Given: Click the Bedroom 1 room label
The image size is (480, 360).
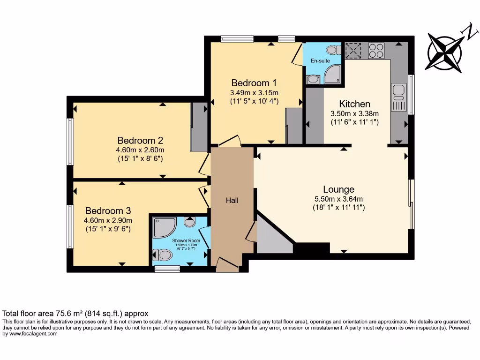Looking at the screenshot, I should (x=254, y=83).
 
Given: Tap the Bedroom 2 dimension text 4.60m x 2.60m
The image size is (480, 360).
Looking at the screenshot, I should (x=140, y=150).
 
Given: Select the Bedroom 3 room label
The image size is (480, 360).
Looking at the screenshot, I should (x=108, y=211).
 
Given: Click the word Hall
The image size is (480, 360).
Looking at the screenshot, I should (x=232, y=200).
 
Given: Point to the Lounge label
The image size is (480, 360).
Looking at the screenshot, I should (x=338, y=189).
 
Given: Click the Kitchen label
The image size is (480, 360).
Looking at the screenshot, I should (x=354, y=104).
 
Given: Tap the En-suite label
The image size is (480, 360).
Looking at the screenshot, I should (x=320, y=61).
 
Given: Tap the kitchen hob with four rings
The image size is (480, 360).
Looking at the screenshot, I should (x=376, y=50).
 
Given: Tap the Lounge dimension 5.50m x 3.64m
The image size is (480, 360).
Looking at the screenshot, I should (x=338, y=199).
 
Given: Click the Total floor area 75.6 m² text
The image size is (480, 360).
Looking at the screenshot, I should (x=75, y=314).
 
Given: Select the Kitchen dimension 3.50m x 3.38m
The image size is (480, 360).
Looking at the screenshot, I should (x=354, y=113).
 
